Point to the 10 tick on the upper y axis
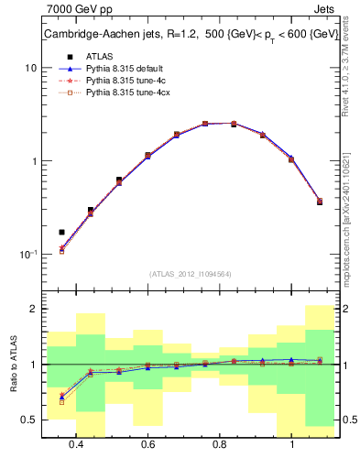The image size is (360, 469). [x=31, y=68]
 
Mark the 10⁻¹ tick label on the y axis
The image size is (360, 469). [x=28, y=255]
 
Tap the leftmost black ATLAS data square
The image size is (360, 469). [x=62, y=232]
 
